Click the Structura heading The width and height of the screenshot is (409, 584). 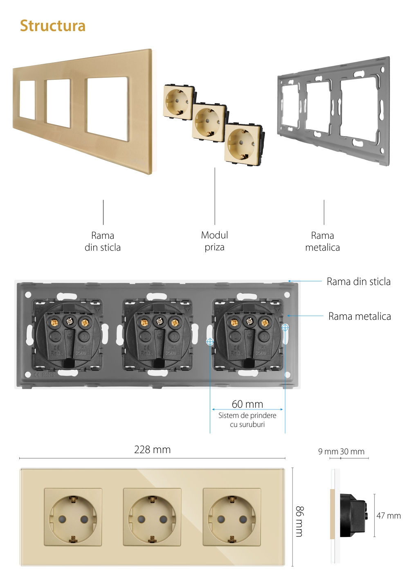tap(53, 26)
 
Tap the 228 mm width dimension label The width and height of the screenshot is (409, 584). tap(152, 450)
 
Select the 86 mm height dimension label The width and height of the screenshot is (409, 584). tap(299, 521)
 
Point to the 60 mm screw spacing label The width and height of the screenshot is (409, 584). tap(247, 404)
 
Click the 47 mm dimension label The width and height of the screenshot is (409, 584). tap(389, 516)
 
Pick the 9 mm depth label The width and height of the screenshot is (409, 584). tap(328, 452)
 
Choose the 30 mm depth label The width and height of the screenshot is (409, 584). tap(352, 452)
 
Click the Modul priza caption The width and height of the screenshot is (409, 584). tap(214, 241)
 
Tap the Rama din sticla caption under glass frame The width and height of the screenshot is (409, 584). tap(103, 241)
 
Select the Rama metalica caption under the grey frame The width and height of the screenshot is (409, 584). tap(322, 241)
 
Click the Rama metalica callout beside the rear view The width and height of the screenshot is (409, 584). tap(360, 317)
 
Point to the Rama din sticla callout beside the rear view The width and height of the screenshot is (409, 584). tap(358, 282)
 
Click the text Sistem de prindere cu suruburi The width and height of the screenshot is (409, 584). tap(247, 420)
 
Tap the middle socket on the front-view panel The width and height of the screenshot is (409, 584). tap(152, 517)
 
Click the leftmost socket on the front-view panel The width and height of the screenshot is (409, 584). tap(73, 517)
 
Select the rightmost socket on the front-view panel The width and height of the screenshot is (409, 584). tap(231, 517)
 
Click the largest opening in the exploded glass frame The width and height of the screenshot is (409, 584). tap(108, 109)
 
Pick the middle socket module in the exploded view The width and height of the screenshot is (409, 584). tap(209, 122)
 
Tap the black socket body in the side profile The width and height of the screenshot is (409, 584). tap(351, 515)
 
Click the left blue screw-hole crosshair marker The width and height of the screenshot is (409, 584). tap(210, 341)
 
